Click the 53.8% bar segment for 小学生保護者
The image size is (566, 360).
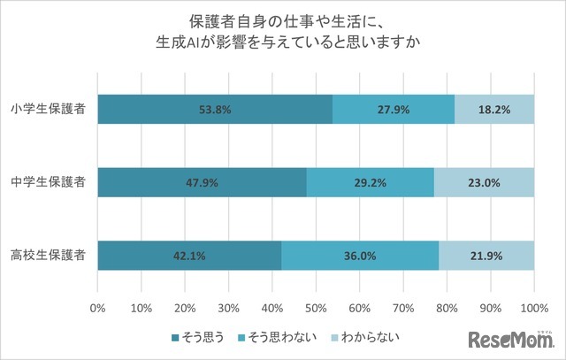(215, 110)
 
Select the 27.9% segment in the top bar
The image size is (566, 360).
(394, 110)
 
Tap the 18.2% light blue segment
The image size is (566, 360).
(494, 110)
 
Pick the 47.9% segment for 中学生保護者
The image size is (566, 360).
(203, 183)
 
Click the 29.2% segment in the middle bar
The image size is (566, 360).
(371, 183)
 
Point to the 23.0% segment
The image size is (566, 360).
(484, 183)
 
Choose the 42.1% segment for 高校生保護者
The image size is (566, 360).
(189, 256)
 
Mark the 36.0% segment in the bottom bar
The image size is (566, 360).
(360, 256)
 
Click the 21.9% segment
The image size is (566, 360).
(486, 256)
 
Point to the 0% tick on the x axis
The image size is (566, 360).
(98, 308)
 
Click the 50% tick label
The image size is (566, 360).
(316, 308)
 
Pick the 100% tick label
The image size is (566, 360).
(533, 308)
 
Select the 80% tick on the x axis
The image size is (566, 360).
(447, 308)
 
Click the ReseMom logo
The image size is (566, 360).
(512, 340)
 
